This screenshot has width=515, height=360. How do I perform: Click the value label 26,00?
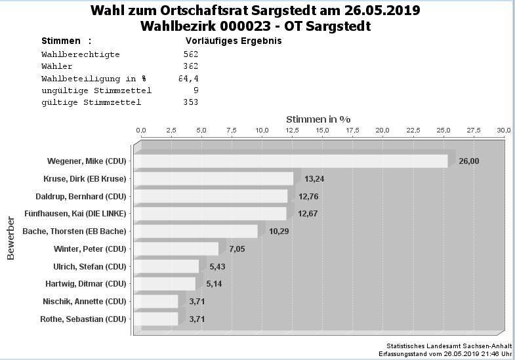(x=468, y=161)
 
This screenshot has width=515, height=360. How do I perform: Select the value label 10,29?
(x=279, y=231)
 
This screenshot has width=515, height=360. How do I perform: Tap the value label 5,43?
(x=217, y=266)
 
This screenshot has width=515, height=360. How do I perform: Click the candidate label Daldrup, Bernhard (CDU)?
(x=81, y=196)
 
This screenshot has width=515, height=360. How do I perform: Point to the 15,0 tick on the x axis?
(x=322, y=130)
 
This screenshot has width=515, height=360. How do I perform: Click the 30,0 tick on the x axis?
(x=503, y=130)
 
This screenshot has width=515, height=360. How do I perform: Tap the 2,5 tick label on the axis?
(x=171, y=130)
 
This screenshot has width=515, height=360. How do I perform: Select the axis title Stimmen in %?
(x=318, y=119)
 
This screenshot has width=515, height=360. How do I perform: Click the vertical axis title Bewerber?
(x=11, y=237)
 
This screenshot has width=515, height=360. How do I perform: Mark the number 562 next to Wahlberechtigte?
(x=191, y=54)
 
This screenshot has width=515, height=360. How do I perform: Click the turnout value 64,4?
(x=188, y=78)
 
